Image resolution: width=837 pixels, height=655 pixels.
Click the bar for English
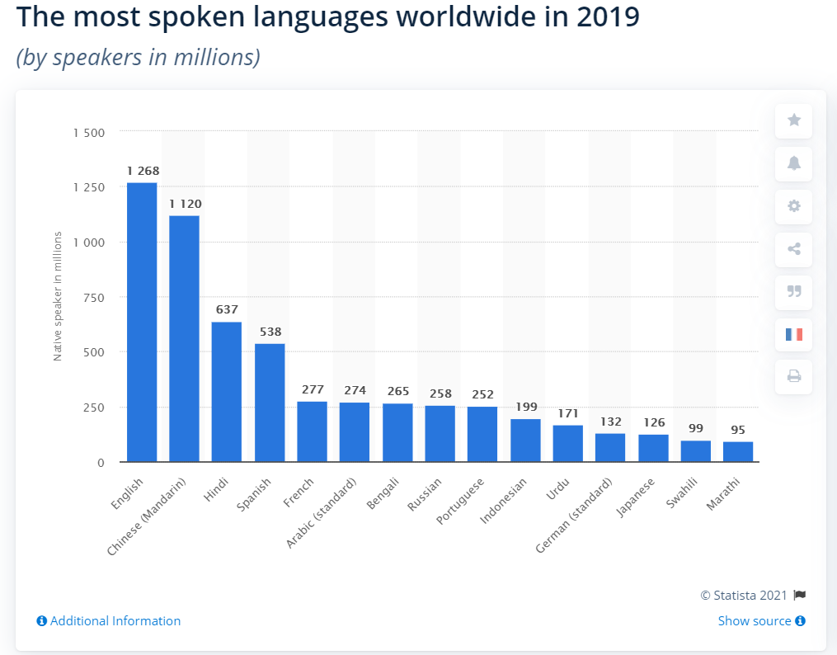142,322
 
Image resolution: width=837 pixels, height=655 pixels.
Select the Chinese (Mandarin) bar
184,338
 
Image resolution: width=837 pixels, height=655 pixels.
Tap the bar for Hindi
227,392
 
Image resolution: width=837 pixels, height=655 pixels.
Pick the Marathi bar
738,452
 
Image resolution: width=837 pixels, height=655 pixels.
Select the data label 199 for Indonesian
525,407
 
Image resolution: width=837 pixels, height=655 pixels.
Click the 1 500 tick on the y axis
88,133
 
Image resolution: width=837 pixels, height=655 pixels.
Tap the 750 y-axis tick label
93,298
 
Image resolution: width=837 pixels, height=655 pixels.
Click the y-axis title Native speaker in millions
58,297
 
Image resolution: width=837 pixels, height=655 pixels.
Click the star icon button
793,120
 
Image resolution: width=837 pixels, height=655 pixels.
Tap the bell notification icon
793,163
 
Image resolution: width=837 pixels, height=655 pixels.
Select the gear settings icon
793,206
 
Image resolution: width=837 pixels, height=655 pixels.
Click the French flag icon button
793,335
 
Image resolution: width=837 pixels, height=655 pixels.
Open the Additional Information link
109,621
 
